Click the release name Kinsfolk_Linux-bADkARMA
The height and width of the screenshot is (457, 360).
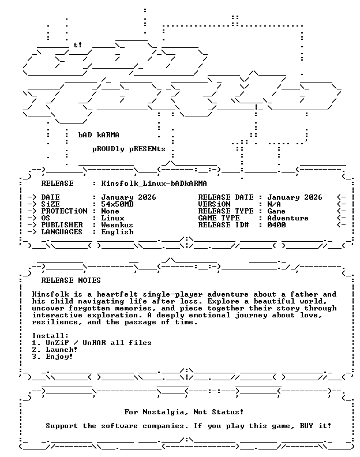(154, 183)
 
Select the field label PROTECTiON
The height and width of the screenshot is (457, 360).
(64, 211)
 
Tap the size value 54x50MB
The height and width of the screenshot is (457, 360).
(117, 204)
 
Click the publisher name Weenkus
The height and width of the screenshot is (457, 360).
(117, 225)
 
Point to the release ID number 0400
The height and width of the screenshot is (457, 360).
(276, 225)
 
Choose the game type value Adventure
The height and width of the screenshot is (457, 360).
(288, 218)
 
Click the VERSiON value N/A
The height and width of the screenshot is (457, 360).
(274, 204)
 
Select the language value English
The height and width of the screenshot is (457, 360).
(117, 232)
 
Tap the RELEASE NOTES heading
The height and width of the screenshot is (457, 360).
(71, 280)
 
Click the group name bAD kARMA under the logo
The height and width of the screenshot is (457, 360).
(99, 135)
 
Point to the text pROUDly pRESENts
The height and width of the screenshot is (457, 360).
(129, 149)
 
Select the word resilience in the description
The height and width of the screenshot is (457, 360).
(55, 322)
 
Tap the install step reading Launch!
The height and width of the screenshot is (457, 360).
(62, 350)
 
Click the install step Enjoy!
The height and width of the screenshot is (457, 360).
(59, 357)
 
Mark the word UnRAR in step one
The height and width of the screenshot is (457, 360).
(94, 343)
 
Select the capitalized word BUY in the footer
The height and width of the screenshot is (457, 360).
(306, 426)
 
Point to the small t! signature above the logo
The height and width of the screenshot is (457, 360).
(78, 45)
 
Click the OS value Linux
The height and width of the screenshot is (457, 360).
(112, 218)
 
